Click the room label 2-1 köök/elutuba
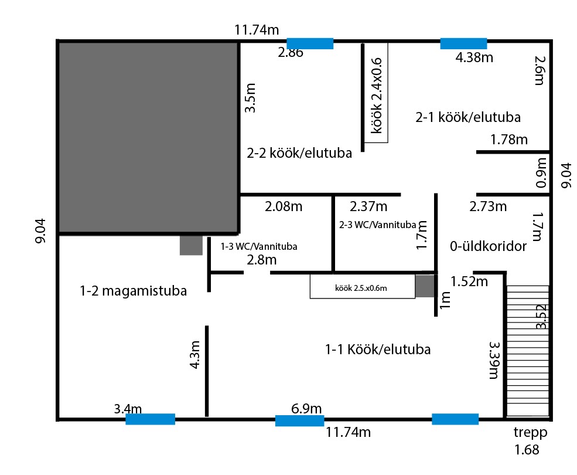pyautogui.click(x=468, y=117)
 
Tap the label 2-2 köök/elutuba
pyautogui.click(x=299, y=153)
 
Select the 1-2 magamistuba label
pyautogui.click(x=133, y=291)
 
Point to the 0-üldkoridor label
pyautogui.click(x=489, y=246)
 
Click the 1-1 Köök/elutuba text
pyautogui.click(x=378, y=349)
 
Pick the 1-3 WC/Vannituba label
pyautogui.click(x=259, y=246)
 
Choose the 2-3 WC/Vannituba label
pyautogui.click(x=378, y=225)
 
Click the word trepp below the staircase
pyautogui.click(x=530, y=432)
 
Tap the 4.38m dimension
pyautogui.click(x=474, y=57)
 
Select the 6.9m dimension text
pyautogui.click(x=306, y=408)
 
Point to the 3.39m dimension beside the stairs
pyautogui.click(x=494, y=360)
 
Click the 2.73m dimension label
pyautogui.click(x=488, y=206)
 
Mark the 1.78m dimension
pyautogui.click(x=509, y=140)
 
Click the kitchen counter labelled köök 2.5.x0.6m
pyautogui.click(x=363, y=286)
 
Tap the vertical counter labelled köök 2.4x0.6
pyautogui.click(x=376, y=93)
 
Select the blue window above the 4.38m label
pyautogui.click(x=464, y=43)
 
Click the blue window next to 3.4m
pyautogui.click(x=150, y=419)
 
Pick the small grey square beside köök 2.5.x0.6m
pyautogui.click(x=425, y=286)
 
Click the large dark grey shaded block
pyautogui.click(x=148, y=137)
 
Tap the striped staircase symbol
pyautogui.click(x=528, y=351)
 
